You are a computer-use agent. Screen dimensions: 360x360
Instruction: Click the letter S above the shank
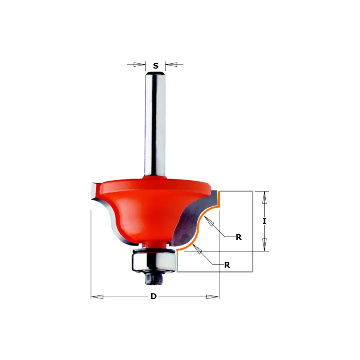[x=156, y=66]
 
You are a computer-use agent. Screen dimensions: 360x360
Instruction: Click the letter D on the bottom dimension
[x=153, y=296]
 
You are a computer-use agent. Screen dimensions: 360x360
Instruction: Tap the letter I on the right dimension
[x=265, y=221]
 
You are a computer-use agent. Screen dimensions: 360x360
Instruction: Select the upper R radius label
[x=239, y=237]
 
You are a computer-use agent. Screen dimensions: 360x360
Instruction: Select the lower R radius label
[x=227, y=265]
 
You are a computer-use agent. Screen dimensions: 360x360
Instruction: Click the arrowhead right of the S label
[x=171, y=64]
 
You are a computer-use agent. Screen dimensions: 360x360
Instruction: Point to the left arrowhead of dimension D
[x=97, y=297]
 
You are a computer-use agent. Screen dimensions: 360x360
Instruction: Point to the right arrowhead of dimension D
[x=213, y=297]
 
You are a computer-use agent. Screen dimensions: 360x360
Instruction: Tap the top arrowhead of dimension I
[x=265, y=197]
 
